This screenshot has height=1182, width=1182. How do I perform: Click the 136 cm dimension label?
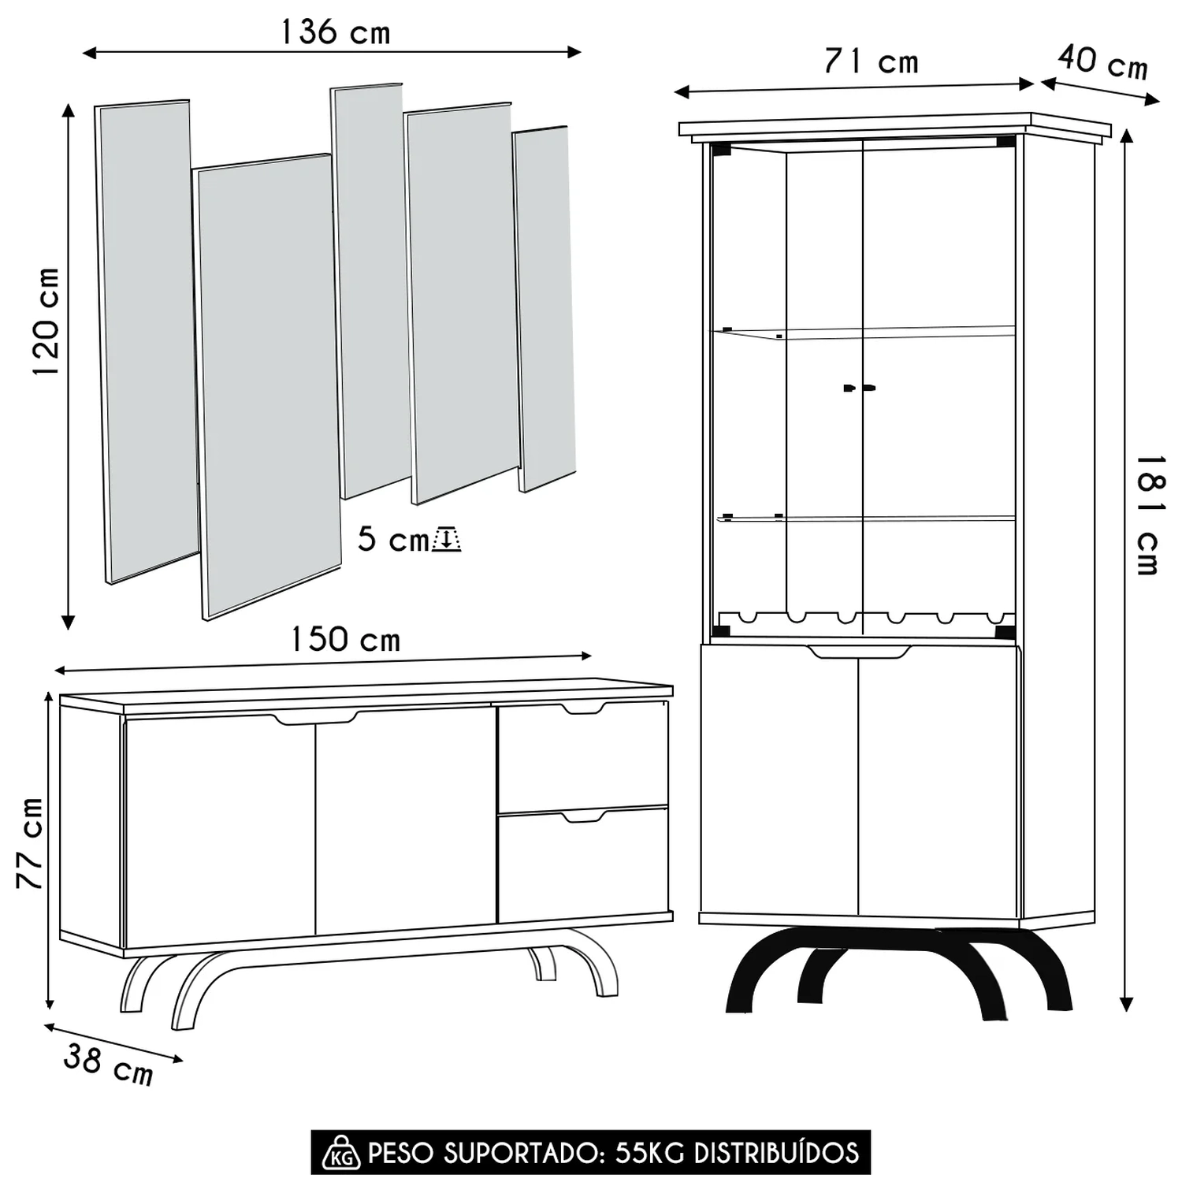click(x=336, y=32)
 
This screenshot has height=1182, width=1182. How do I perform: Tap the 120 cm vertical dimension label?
click(x=46, y=322)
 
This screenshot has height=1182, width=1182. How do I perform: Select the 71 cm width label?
click(x=872, y=61)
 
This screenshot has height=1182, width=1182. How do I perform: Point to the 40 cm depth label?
click(x=1102, y=62)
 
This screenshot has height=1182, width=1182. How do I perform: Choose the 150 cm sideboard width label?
click(x=346, y=639)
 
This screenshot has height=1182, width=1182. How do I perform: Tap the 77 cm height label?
click(x=30, y=842)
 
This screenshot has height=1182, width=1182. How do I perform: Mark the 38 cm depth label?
click(x=109, y=1064)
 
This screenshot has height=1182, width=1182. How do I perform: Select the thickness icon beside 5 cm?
click(x=446, y=539)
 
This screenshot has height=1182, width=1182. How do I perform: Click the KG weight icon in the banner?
click(x=341, y=1153)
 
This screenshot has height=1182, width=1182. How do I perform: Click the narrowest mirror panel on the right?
click(x=544, y=309)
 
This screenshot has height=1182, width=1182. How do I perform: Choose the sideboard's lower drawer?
click(x=583, y=864)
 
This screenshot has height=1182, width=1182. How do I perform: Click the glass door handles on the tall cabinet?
click(x=859, y=388)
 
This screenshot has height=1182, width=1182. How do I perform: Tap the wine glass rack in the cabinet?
click(x=864, y=618)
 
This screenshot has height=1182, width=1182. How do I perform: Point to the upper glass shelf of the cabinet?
click(x=864, y=333)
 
